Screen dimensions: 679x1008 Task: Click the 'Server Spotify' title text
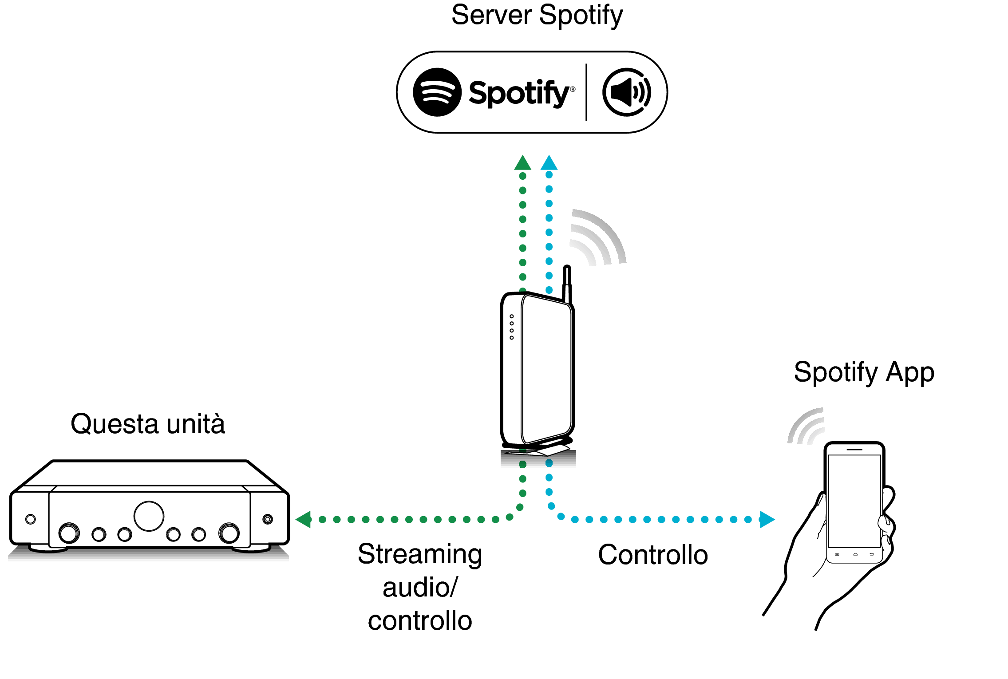537,15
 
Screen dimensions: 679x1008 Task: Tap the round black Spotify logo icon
437,92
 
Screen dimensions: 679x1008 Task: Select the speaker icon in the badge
626,92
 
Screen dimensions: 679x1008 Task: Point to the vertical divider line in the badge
586,92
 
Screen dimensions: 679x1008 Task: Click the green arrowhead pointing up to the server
522,163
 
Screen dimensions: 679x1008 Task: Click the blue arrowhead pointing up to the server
549,163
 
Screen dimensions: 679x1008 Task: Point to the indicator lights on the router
512,327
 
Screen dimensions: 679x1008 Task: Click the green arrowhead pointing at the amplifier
304,519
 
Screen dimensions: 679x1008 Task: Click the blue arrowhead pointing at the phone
767,519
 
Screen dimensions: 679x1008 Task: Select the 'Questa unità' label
148,424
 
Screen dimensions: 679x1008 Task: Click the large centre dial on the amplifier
149,516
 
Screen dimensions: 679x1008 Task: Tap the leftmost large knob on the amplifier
69,533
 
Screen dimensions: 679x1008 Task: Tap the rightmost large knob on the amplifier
229,533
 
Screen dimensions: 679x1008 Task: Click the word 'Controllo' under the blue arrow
652,555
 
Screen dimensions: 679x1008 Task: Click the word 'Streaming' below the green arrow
420,554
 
